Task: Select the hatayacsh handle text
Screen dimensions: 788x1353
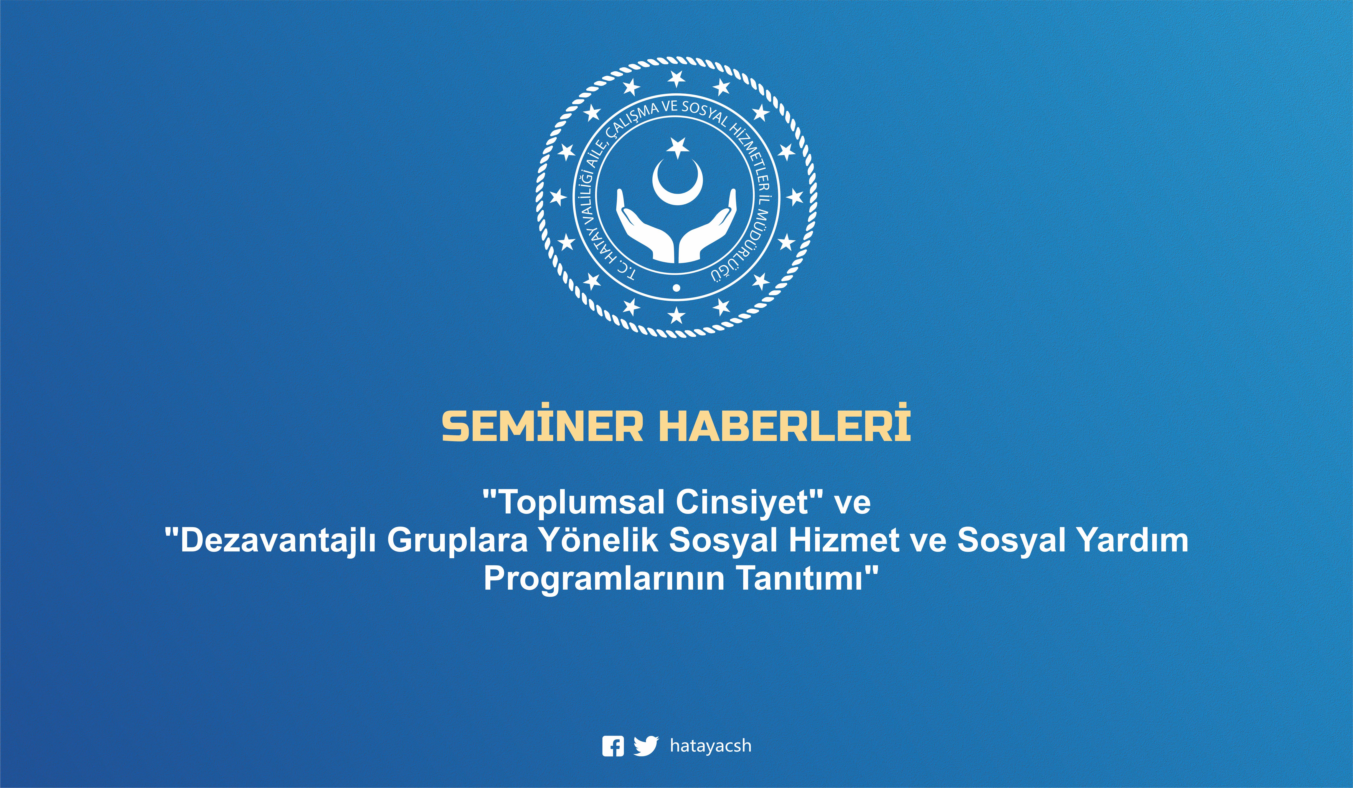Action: point(710,746)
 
